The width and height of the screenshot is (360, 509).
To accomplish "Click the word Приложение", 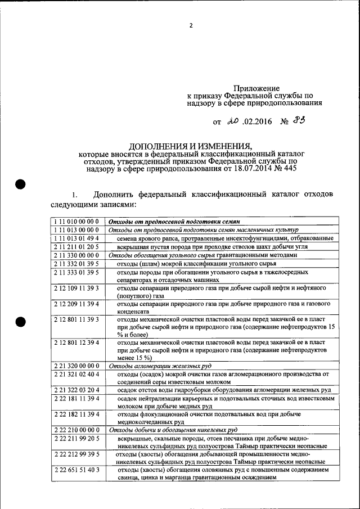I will coord(256,88).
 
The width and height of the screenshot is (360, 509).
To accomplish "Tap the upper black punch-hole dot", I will coord(21,184).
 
